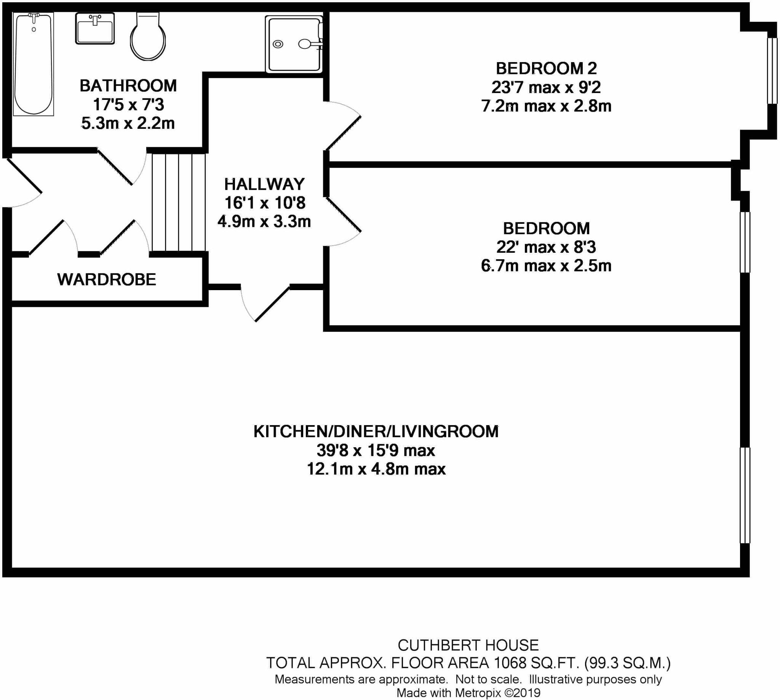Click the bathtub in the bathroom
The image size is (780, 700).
coord(34,63)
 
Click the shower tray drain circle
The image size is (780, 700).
coord(278,44)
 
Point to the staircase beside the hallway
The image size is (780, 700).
coord(178,202)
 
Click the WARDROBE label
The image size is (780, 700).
coord(107,279)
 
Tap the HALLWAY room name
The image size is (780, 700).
coord(264,185)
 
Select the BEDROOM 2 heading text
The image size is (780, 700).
coord(546,69)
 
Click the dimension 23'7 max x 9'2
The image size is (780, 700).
coord(546,88)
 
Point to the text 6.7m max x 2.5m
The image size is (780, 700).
coord(546,266)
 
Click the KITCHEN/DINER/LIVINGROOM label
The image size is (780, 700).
coord(376,432)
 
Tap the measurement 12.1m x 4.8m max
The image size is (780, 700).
coord(376,469)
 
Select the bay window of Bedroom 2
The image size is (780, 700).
coord(772,71)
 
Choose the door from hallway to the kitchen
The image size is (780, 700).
coord(265,304)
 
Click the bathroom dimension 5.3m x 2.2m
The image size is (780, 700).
coord(128,124)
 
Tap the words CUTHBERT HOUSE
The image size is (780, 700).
coord(468,645)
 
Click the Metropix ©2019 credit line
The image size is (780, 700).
coord(468,693)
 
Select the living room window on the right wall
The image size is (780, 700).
coord(745,495)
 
